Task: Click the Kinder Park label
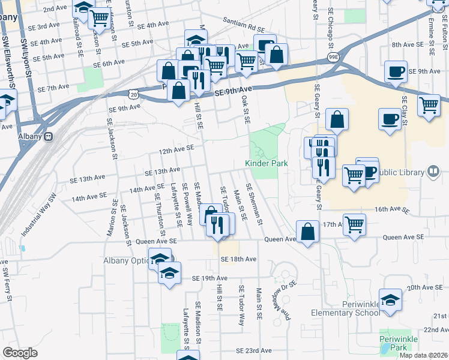coord(267,163)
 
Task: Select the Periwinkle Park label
coord(394,343)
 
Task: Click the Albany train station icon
coord(48,136)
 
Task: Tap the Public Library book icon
coord(432,172)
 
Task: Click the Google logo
coord(20,353)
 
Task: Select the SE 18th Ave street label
coord(238,259)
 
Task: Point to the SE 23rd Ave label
coord(254,350)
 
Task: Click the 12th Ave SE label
coord(176,148)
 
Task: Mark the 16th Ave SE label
coord(391,210)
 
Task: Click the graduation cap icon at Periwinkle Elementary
coord(390,300)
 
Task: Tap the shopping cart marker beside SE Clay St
coord(429,106)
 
